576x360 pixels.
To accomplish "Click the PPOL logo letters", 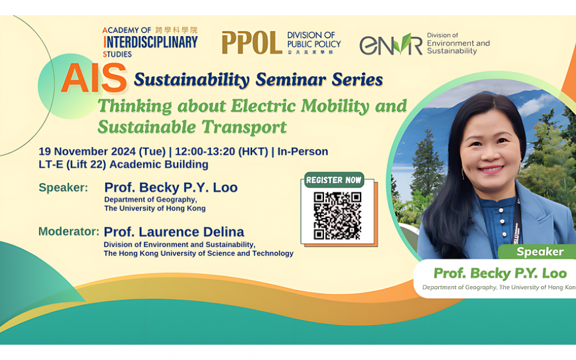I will tap(251, 43).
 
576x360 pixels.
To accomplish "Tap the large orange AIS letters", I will tap(94, 79).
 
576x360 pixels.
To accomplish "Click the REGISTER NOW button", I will tap(334, 179).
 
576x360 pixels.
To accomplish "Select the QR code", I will tap(337, 215).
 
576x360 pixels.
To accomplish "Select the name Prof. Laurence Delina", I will tap(173, 231).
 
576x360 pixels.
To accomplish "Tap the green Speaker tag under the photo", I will tap(539, 251).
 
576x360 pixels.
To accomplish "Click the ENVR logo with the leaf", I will tap(391, 44).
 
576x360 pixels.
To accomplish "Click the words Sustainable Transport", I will tap(192, 127).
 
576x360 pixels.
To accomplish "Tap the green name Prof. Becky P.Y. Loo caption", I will tap(500, 274).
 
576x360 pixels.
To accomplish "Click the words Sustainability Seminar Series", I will tap(258, 79).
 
